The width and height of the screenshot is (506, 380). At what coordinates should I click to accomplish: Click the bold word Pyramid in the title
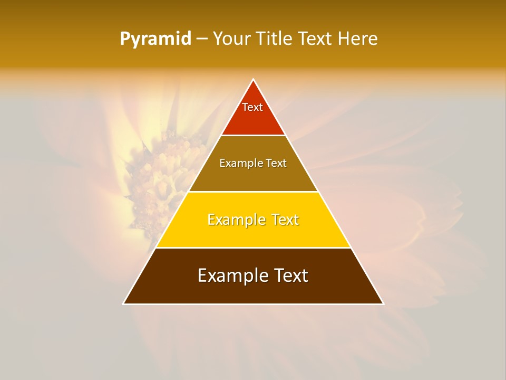coord(155,39)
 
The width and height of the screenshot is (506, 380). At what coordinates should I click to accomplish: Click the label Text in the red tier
coord(252,107)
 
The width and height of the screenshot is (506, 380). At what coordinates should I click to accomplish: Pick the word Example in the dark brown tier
coord(228,275)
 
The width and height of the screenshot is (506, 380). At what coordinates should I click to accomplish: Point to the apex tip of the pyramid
coord(254,80)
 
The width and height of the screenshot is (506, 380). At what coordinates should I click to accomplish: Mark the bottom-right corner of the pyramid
coord(383,303)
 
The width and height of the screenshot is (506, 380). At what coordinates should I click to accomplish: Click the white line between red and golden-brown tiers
coord(253,136)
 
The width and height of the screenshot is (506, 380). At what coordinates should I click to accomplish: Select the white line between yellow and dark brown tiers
coord(253,248)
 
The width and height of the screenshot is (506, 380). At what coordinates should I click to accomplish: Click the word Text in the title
coord(316,39)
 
